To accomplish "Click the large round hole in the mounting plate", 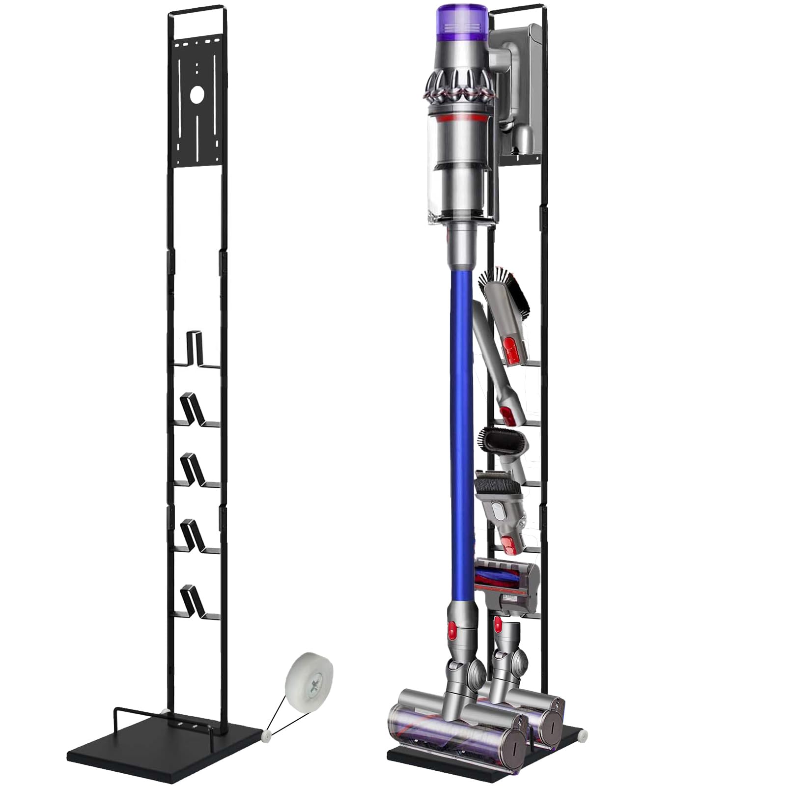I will click(x=196, y=95).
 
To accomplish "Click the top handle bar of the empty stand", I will click(x=196, y=9).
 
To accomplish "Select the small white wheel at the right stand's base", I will click(x=583, y=732).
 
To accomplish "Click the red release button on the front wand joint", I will click(x=451, y=627).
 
